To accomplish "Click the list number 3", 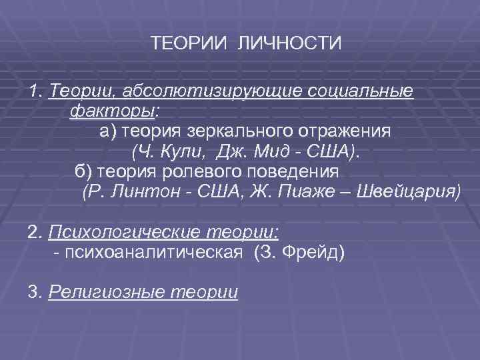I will (x=33, y=293).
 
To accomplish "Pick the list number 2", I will (x=33, y=233).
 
